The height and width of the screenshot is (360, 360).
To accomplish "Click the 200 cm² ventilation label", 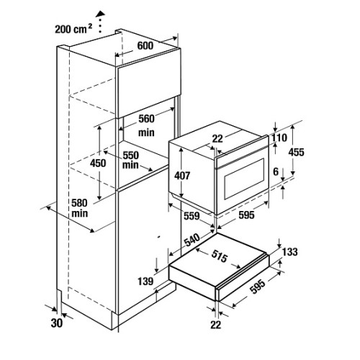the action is point(73,29).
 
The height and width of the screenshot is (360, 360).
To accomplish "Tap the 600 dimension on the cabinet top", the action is point(145,45).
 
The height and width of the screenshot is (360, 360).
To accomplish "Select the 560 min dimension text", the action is point(146,125).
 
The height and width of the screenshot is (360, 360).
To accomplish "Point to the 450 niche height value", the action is point(98,163).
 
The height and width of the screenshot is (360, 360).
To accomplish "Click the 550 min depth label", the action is point(131,160).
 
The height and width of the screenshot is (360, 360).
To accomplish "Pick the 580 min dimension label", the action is point(79,208).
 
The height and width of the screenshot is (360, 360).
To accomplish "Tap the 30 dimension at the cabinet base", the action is point(57,323).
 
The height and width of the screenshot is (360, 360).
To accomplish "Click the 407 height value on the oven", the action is point(182,176).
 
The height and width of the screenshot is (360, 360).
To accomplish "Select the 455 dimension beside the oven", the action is point(296,152).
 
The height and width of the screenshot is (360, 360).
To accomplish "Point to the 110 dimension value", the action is point(279,138).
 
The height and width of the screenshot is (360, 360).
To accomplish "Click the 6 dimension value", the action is point(276,171).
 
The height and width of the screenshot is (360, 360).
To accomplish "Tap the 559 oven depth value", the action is point(192,216).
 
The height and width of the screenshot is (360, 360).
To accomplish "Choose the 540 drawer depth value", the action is point(192,240).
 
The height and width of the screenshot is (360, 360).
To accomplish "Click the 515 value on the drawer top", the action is point(219,256).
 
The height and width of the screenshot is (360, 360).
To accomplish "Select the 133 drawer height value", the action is point(290,252).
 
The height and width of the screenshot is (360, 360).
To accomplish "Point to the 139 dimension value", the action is point(145,281).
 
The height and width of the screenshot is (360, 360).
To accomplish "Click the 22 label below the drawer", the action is point(215,325).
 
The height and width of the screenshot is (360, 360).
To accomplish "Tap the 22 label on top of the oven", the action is point(217,139).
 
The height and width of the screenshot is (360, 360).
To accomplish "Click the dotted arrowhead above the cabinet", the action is point(100,14).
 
